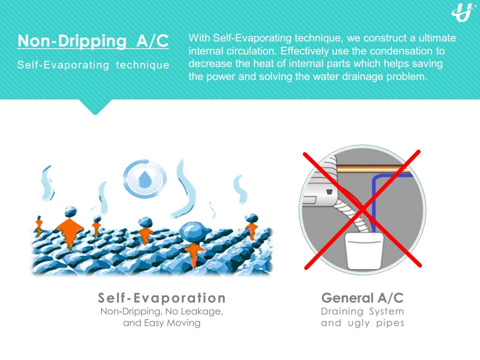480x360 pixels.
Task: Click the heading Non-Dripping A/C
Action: (x=93, y=41)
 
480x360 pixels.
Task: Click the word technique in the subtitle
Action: (x=142, y=65)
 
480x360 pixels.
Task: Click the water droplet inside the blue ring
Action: (x=145, y=179)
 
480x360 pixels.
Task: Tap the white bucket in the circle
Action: (x=364, y=250)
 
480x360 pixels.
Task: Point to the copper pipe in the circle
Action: (x=373, y=169)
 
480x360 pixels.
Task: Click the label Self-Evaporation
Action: (x=161, y=298)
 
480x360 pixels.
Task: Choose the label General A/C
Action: (x=362, y=298)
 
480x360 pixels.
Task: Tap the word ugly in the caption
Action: (x=359, y=323)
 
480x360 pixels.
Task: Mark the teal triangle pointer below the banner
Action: (x=95, y=106)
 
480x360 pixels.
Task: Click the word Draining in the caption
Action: (x=342, y=311)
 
